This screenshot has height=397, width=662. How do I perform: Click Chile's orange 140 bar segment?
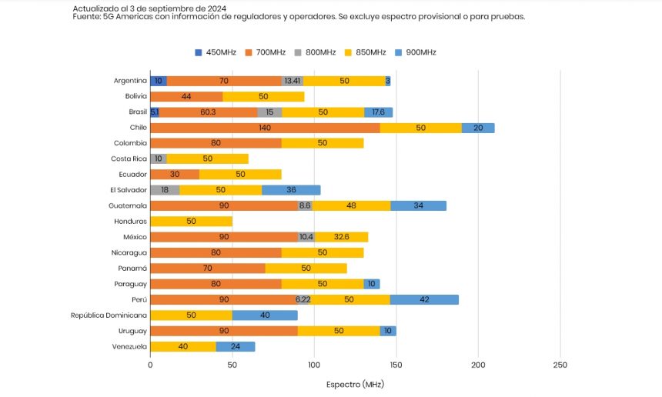[265, 128]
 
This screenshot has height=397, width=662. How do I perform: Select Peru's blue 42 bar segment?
[424, 299]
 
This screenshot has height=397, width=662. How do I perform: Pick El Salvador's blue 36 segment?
[291, 190]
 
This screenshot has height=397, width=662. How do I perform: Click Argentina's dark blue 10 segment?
[158, 81]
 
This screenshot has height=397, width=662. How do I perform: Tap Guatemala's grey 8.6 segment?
[304, 205]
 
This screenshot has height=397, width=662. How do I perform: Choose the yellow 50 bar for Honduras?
[191, 222]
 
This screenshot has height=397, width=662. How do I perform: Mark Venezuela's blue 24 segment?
[235, 346]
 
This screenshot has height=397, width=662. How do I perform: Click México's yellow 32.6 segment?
[341, 237]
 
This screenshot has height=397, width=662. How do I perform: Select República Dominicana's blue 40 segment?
[265, 315]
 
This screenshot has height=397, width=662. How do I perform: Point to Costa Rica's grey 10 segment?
[158, 158]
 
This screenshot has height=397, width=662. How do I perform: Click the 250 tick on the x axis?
[560, 365]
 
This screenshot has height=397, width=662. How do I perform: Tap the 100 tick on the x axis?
[314, 365]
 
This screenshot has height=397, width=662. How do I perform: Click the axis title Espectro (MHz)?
[355, 383]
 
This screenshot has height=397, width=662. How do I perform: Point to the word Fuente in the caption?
[86, 17]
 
